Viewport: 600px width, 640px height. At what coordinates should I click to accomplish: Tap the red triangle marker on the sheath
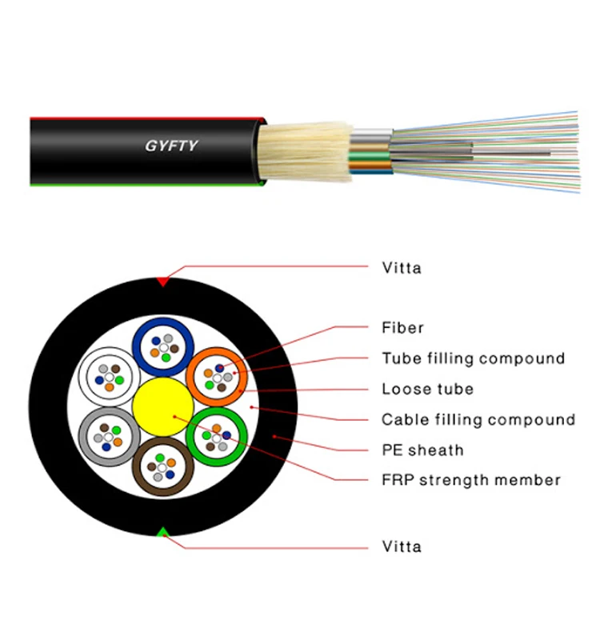coord(163,282)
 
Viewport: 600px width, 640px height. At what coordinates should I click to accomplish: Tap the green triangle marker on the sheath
coord(163,532)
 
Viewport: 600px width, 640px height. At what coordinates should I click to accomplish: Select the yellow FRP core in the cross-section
coord(162,406)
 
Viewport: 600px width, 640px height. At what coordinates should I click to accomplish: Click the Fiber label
coord(402,327)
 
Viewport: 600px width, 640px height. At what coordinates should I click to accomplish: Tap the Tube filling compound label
coord(473,358)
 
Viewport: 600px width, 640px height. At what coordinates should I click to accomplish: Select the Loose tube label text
coord(427,389)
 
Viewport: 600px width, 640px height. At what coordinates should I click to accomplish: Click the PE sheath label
coord(422,450)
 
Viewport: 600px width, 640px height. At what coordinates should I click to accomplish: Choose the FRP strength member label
coord(470,480)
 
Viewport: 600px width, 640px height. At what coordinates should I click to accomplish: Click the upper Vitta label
coord(401,267)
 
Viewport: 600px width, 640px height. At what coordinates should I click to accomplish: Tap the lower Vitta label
coord(401,547)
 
